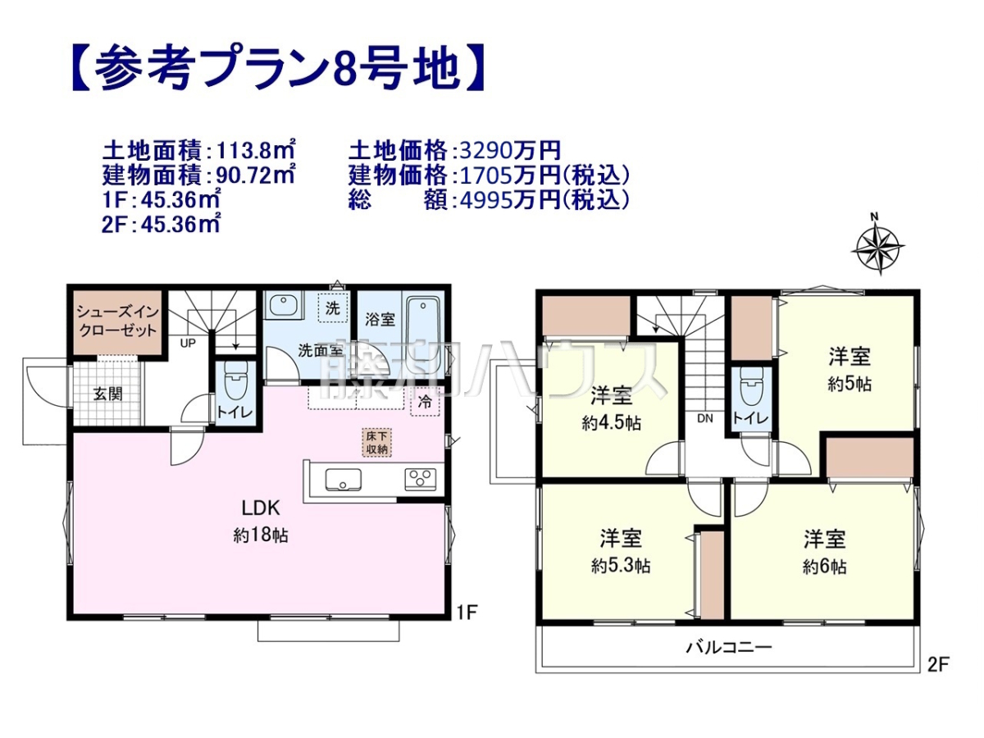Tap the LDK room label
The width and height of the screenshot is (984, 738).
coord(261,508)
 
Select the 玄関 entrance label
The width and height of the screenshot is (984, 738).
coord(108,394)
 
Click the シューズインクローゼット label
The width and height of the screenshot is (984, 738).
coord(117,321)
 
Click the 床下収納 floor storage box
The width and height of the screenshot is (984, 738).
coord(376,443)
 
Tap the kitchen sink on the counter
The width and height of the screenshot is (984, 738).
coord(343,481)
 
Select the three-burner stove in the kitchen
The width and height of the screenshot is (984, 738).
coord(420,479)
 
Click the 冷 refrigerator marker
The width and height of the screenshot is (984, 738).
coord(425,402)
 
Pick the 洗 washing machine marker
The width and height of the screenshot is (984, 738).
coord(333,307)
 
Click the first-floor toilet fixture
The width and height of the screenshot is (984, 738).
coord(235,383)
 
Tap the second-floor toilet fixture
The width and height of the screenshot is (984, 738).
coord(751,386)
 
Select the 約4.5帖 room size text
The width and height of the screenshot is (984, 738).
coord(612,423)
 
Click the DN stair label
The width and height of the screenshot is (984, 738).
coord(705,418)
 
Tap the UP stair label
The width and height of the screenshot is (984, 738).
coord(188,344)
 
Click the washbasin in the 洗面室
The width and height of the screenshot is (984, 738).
coord(282,306)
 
